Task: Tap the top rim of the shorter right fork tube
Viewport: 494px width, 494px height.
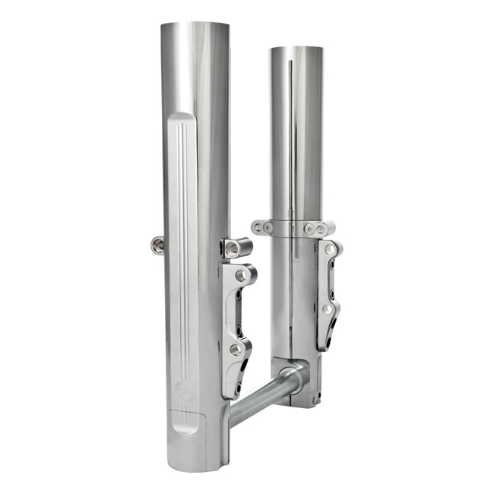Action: [296, 49]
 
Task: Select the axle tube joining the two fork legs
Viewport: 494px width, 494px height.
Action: [266, 393]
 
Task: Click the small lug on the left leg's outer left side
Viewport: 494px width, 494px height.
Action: [157, 245]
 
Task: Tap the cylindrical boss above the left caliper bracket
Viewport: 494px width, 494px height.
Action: [238, 247]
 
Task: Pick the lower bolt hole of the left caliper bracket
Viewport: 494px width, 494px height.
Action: [236, 349]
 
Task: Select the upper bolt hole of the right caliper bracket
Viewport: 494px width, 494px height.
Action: [328, 249]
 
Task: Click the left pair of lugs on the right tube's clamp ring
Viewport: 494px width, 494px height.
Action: [263, 227]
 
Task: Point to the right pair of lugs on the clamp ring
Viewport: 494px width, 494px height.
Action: [315, 228]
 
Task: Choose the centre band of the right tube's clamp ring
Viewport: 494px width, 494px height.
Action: [289, 227]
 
